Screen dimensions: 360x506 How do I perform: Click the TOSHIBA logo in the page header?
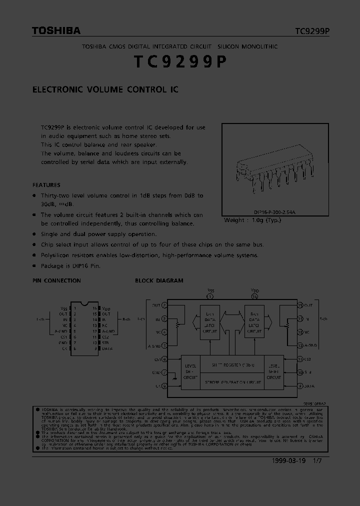[56, 31]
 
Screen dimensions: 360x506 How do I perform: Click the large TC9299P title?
[180, 62]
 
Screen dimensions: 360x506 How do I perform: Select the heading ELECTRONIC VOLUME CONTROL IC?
[105, 90]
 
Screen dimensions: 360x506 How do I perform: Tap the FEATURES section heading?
[46, 185]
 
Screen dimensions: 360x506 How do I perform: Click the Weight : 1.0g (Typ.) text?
[252, 220]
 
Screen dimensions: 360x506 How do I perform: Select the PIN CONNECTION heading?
[56, 281]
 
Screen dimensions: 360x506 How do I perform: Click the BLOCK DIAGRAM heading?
[159, 281]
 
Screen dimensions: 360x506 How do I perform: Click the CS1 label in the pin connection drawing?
[63, 337]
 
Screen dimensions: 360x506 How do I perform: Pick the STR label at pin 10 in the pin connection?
[106, 343]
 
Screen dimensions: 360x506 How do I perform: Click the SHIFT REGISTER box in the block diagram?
[232, 365]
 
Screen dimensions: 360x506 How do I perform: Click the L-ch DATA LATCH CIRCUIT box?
[210, 321]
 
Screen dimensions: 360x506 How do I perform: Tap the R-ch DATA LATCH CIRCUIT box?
[254, 321]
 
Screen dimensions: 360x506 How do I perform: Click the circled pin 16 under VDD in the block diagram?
[254, 296]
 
